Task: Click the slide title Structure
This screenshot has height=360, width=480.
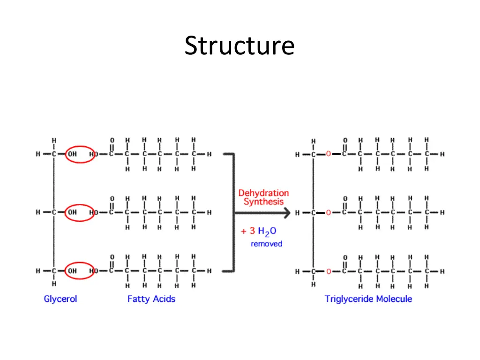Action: (x=240, y=45)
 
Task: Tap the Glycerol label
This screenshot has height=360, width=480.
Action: (x=60, y=299)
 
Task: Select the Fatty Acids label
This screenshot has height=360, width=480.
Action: (x=151, y=299)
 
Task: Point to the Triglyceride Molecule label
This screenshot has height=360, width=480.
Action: (x=368, y=299)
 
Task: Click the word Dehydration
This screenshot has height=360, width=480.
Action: (x=263, y=193)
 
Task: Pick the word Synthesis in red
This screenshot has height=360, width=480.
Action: (x=263, y=202)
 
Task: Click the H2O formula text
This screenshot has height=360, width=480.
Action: (x=267, y=231)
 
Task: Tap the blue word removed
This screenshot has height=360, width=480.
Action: (x=267, y=244)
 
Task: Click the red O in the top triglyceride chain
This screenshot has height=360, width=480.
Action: (x=329, y=154)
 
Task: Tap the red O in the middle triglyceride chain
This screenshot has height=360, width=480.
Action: (x=329, y=212)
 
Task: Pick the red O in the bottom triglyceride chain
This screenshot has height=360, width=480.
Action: (x=329, y=271)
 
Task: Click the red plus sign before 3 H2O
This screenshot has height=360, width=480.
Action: (x=244, y=232)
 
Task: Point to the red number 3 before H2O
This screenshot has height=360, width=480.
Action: (x=252, y=231)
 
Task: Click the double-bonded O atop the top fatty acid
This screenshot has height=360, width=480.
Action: (x=112, y=140)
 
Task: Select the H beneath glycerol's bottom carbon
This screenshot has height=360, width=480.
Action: (x=54, y=284)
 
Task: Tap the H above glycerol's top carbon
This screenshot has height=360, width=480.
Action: (x=54, y=141)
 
